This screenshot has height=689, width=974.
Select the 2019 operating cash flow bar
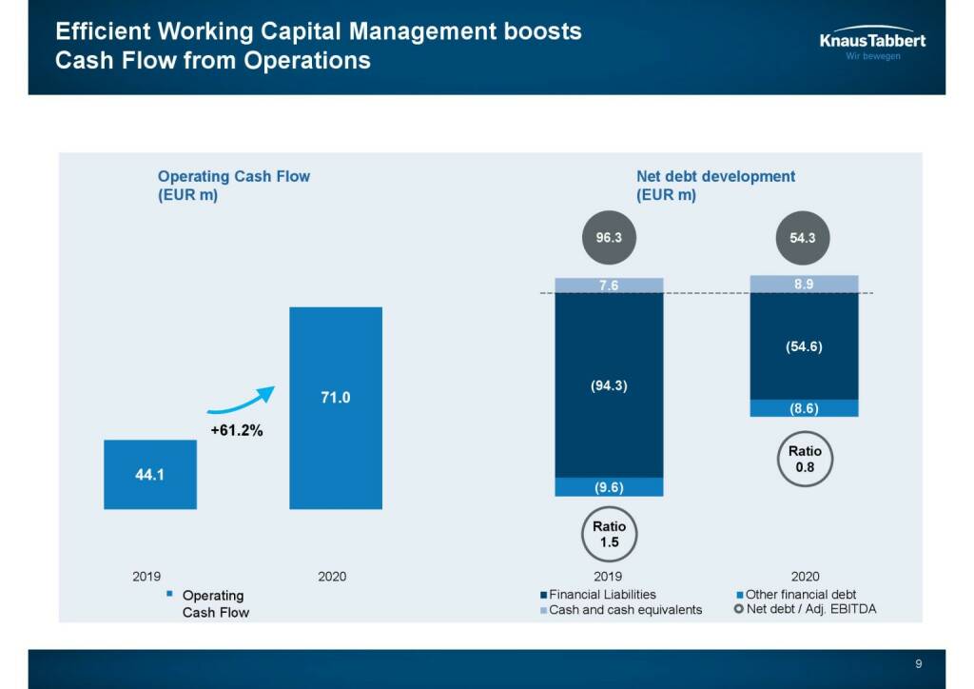tap(150, 474)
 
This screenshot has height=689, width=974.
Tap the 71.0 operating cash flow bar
tap(336, 407)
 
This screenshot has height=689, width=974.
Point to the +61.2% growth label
tap(236, 430)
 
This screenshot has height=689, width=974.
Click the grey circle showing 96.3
tap(609, 237)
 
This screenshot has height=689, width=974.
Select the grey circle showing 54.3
tap(803, 237)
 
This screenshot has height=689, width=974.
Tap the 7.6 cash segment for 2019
tap(609, 285)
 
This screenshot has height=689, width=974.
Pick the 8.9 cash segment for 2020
tap(804, 284)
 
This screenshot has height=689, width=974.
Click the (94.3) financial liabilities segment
tap(609, 385)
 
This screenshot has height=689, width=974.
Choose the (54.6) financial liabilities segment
tap(804, 346)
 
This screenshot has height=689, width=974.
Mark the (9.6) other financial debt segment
tap(609, 487)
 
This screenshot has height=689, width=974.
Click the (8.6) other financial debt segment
tap(804, 408)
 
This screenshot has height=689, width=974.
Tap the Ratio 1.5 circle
tap(609, 534)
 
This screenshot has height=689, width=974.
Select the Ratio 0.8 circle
tap(805, 460)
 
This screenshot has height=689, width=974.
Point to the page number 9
tap(918, 664)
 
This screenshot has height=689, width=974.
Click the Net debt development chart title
tap(715, 186)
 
